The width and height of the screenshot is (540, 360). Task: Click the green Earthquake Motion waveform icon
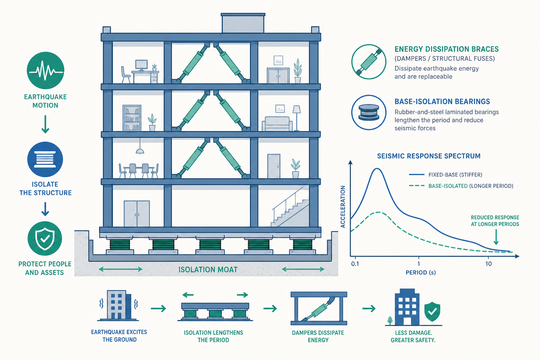point(45,70)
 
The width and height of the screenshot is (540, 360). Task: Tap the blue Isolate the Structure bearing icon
point(45,159)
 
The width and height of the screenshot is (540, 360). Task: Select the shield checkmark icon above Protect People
point(45,238)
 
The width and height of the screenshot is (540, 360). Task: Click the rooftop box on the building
point(243,23)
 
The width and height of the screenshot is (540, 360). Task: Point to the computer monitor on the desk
point(141,65)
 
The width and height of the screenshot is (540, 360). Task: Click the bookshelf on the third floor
point(132,118)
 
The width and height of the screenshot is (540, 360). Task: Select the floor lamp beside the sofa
point(296,118)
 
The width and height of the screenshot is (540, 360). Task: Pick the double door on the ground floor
point(137,214)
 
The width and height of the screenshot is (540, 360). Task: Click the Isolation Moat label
point(208,270)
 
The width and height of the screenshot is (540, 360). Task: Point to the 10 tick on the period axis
point(488,264)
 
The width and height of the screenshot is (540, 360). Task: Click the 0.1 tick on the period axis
point(355,264)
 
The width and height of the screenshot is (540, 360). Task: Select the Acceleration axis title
point(342,207)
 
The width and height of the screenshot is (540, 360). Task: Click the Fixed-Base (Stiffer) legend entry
point(446,175)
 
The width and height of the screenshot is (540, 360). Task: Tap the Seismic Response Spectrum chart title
point(429,156)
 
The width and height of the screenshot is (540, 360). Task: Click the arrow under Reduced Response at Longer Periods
point(496,237)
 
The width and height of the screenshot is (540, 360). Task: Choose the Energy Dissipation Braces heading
point(446,49)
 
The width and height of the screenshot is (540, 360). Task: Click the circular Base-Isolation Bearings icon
point(368,112)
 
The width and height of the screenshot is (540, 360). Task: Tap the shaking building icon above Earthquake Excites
point(118,305)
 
